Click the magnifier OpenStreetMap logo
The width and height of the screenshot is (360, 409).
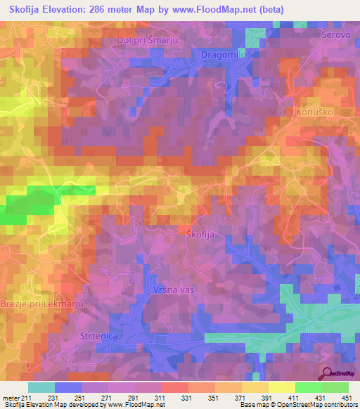tap(326, 374)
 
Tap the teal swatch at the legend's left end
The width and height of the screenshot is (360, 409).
tap(41, 387)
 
